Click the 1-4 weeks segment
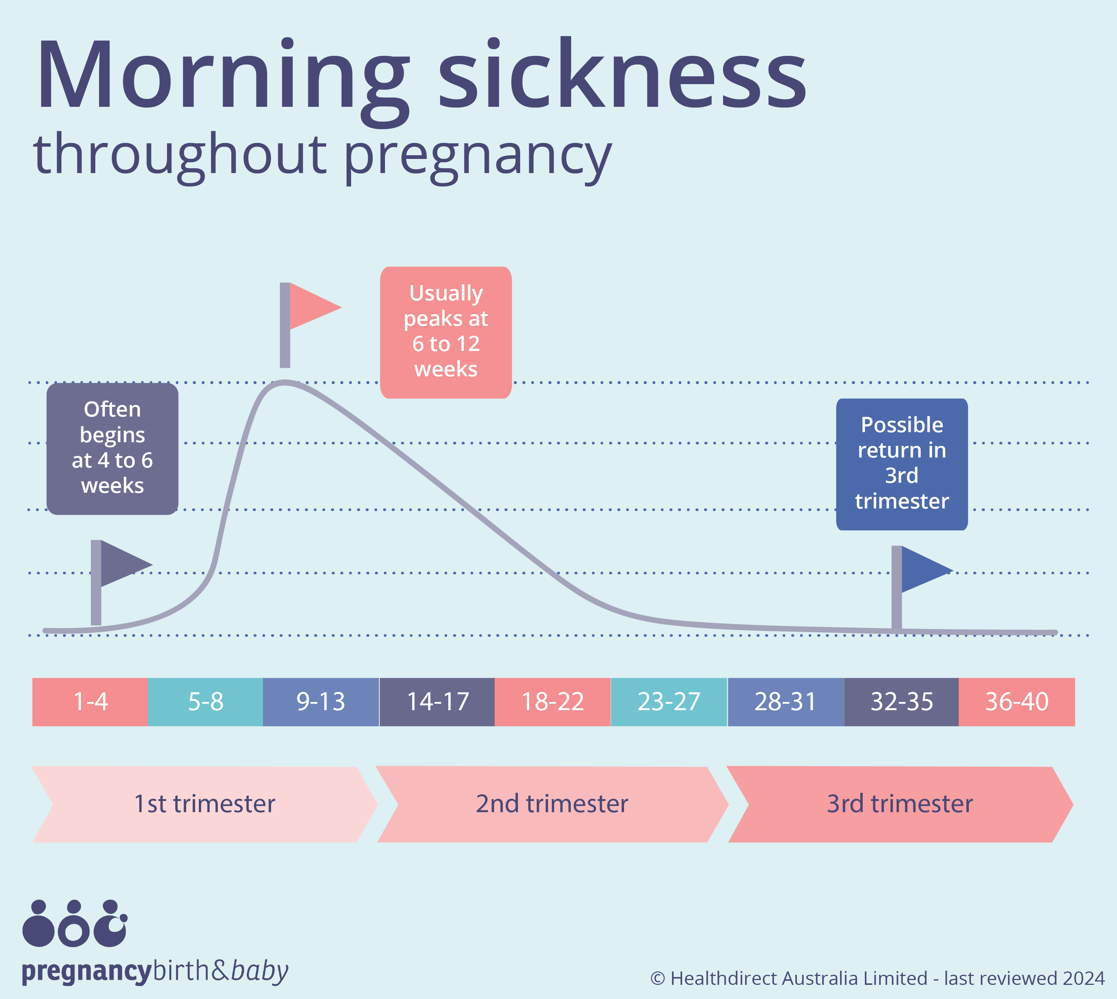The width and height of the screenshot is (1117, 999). (x=90, y=702)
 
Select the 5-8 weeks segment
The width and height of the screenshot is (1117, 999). (x=206, y=702)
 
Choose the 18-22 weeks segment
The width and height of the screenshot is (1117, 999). (x=553, y=702)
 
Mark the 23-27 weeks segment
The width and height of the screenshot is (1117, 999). (x=669, y=702)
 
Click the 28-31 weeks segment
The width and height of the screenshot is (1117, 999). (x=785, y=702)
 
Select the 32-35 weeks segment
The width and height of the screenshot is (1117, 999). (x=902, y=702)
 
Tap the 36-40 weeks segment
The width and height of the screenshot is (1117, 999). (x=1017, y=702)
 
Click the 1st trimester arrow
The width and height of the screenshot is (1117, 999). (x=204, y=804)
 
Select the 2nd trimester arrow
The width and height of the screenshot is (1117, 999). (x=552, y=804)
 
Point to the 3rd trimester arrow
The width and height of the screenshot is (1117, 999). (x=900, y=804)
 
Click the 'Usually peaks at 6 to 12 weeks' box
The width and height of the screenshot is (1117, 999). (x=446, y=332)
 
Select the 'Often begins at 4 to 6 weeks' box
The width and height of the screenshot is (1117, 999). (x=112, y=449)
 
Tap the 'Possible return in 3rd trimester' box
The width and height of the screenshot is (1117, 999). (x=902, y=464)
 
